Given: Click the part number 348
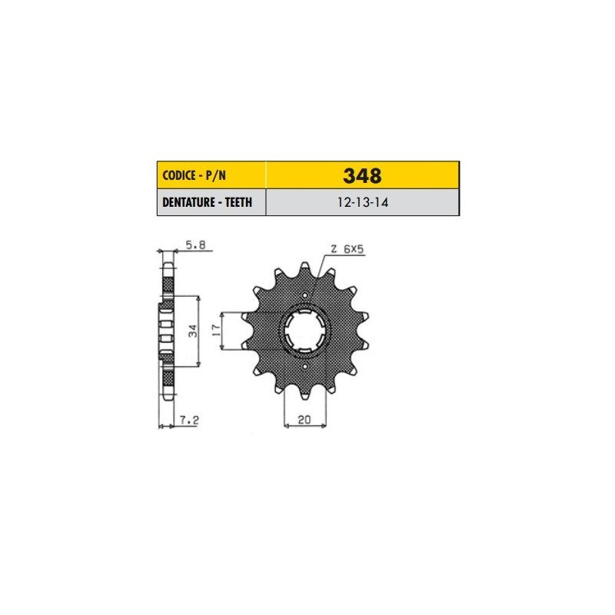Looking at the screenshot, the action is click(x=362, y=176).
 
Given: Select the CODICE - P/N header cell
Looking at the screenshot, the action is click(x=211, y=175).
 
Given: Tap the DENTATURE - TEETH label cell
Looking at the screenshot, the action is click(x=211, y=202).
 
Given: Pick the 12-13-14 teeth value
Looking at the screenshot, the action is click(x=363, y=202).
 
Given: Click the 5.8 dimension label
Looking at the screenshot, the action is click(x=195, y=245).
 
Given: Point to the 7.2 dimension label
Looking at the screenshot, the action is click(x=189, y=420).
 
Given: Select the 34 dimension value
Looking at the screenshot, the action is click(x=194, y=331).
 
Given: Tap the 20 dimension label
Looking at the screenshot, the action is click(x=304, y=419).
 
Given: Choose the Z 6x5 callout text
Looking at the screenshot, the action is click(x=347, y=248).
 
